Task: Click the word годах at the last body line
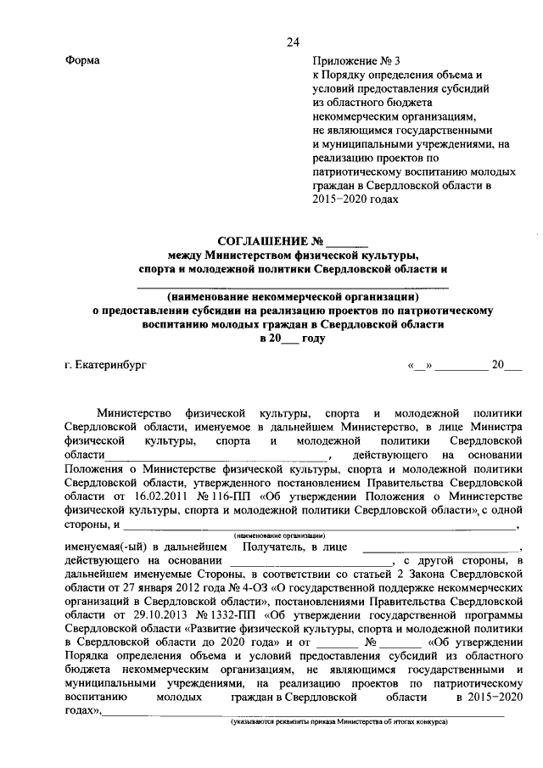click(81, 711)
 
